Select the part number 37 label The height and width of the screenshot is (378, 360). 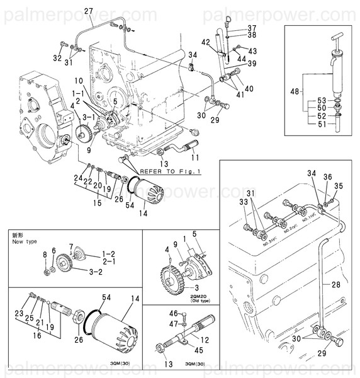[251, 28]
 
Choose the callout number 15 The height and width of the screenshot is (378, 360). [96, 203]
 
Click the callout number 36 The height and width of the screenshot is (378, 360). [327, 177]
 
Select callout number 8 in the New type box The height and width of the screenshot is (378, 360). [45, 255]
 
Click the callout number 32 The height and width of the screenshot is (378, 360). [57, 58]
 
